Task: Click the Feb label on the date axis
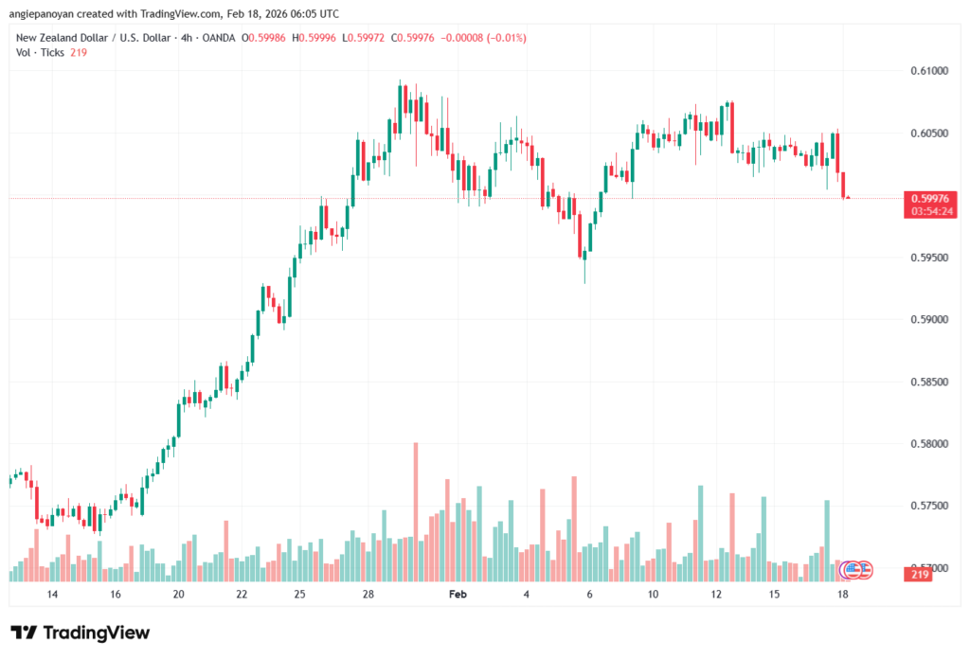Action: point(458,595)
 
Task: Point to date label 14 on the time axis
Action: point(52,595)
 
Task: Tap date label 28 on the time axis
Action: point(369,595)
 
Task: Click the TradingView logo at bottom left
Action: point(81,632)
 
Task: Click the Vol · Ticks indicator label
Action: point(41,53)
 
